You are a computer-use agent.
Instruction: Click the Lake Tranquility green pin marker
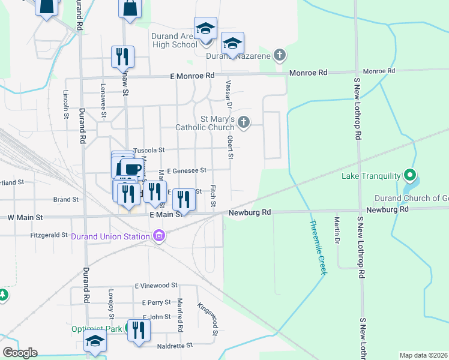point(410,175)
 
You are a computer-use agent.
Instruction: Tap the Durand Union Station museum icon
point(159,236)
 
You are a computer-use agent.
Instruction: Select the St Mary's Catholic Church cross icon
point(243,122)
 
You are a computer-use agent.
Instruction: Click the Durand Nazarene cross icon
point(279,56)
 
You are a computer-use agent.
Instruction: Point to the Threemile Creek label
point(318,247)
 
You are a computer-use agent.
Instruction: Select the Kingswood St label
point(207,318)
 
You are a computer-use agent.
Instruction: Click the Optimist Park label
point(97,329)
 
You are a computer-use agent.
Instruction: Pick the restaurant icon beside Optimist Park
point(139,331)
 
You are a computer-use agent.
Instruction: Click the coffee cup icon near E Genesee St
point(131,169)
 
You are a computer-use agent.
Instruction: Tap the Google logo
point(19,353)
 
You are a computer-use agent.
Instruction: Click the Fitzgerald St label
point(49,235)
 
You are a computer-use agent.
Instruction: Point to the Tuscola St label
point(148,150)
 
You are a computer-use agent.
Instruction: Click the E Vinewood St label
point(156,286)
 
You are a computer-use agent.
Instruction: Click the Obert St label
point(230,147)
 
